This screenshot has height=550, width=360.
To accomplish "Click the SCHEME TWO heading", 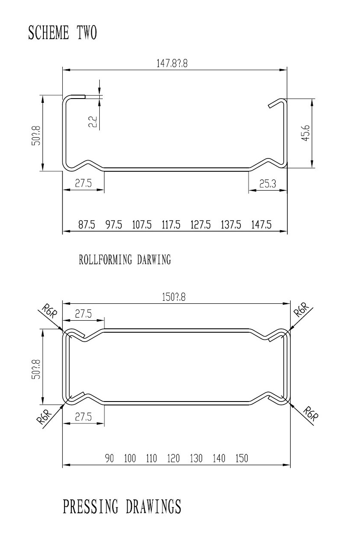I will [x=62, y=33].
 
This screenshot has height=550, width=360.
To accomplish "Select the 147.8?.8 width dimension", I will [x=172, y=64].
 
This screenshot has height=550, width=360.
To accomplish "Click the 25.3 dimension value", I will [x=268, y=184].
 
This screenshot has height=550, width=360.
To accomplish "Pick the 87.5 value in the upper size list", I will [x=86, y=225].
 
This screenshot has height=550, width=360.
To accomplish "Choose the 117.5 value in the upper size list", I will [x=171, y=225].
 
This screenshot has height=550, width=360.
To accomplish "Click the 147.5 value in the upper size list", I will [x=261, y=225].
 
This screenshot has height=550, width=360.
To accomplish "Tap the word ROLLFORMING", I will [x=106, y=260].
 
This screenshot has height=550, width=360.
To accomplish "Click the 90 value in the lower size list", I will [x=110, y=459].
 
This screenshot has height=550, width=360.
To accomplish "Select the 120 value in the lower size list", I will [x=173, y=459].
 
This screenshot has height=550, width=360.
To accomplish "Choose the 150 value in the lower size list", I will [x=242, y=459].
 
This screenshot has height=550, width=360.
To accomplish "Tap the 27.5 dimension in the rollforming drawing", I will [x=83, y=184].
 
